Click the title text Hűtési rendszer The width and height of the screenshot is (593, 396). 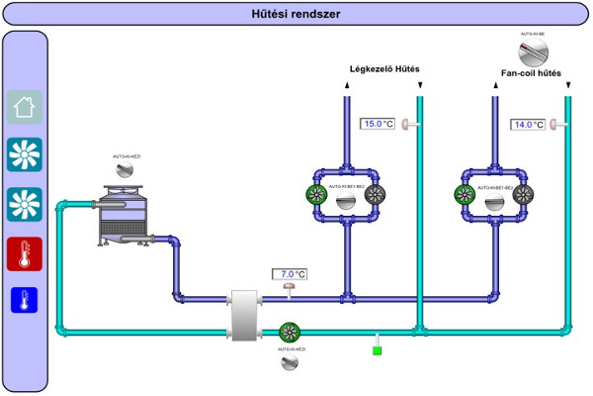click(296, 13)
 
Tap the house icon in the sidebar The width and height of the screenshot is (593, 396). click(25, 107)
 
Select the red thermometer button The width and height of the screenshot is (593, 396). click(25, 254)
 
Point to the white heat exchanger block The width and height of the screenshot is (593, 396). click(243, 316)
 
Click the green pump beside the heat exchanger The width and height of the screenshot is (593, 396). click(290, 333)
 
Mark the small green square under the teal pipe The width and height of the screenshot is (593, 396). click(377, 348)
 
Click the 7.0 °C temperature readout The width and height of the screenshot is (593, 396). click(291, 274)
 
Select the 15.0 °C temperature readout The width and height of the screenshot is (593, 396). click(379, 124)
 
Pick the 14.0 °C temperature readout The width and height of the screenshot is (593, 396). click(528, 124)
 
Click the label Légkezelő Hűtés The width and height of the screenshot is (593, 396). click(385, 69)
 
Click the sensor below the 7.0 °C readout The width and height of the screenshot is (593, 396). click(290, 289)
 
